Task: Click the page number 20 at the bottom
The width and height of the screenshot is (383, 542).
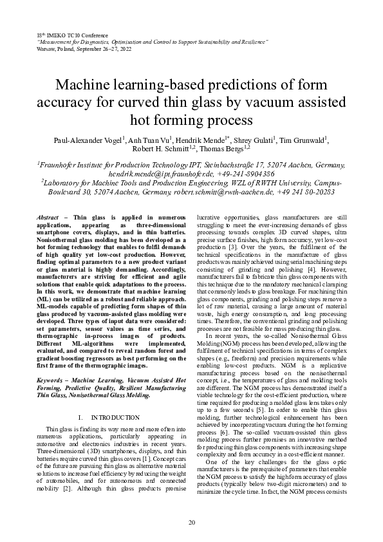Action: (191, 521)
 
